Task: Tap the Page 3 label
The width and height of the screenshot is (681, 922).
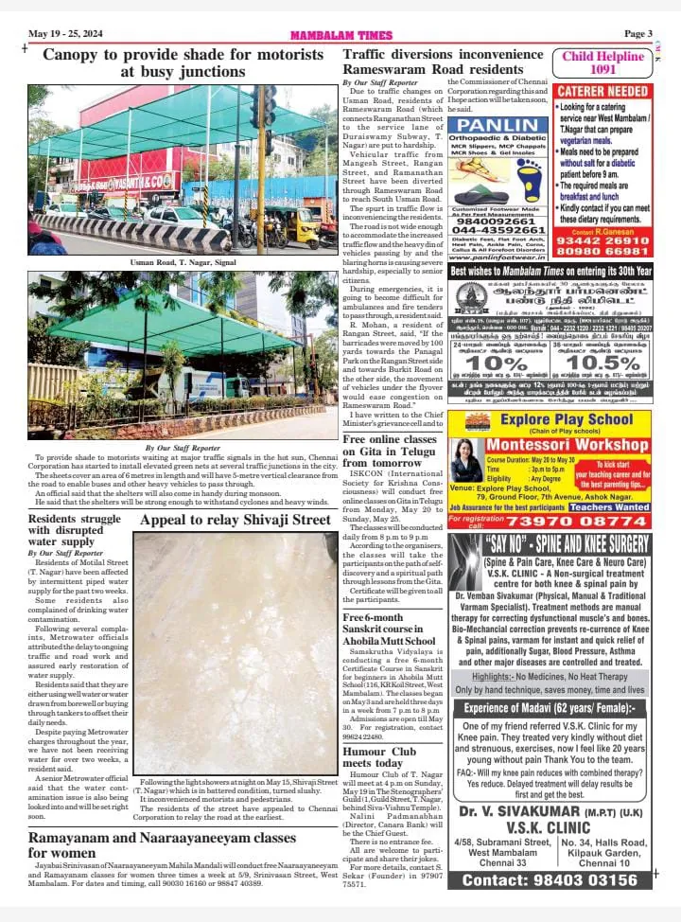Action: pyautogui.click(x=637, y=34)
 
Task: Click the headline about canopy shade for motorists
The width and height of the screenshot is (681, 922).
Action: pyautogui.click(x=182, y=62)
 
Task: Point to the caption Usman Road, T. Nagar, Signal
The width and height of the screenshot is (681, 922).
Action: pyautogui.click(x=182, y=260)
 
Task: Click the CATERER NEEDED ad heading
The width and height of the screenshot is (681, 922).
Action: pyautogui.click(x=602, y=91)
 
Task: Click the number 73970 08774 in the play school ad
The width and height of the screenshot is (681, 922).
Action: pyautogui.click(x=587, y=522)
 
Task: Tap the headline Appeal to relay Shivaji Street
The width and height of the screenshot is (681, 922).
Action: pyautogui.click(x=236, y=521)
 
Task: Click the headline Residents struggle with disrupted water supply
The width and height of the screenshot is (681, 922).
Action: pyautogui.click(x=75, y=531)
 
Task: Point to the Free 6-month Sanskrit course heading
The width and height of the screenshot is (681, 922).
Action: pyautogui.click(x=389, y=629)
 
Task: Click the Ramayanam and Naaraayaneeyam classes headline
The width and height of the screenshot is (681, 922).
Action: pyautogui.click(x=162, y=844)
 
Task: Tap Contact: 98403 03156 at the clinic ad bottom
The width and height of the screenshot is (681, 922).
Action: pyautogui.click(x=550, y=880)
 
